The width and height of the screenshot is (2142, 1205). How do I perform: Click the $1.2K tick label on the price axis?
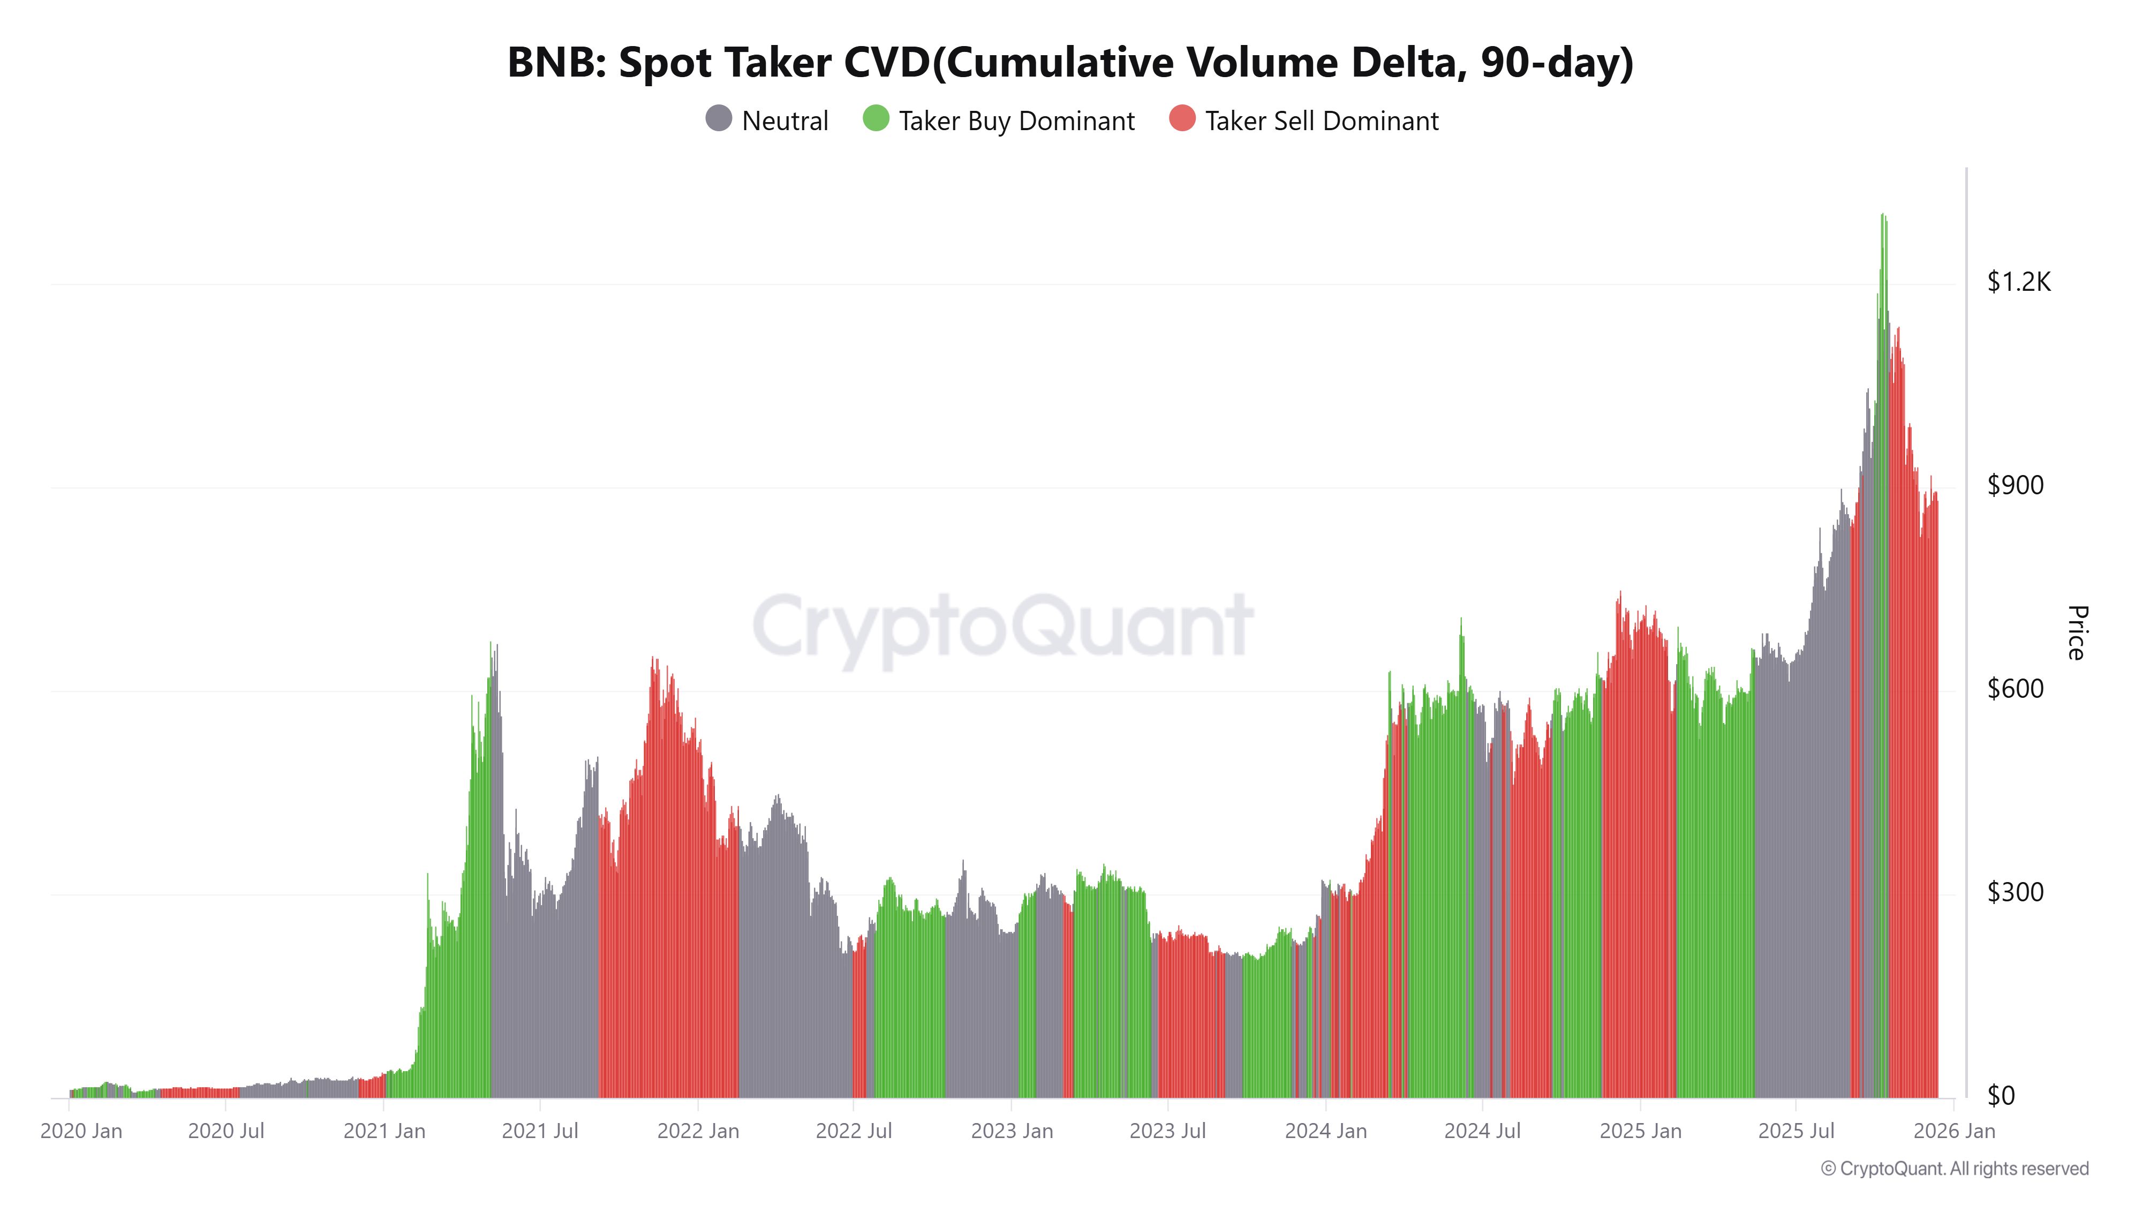pyautogui.click(x=2018, y=283)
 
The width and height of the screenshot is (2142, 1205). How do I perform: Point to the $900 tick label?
pyautogui.click(x=2015, y=486)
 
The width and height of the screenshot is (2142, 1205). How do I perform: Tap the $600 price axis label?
pyautogui.click(x=2015, y=689)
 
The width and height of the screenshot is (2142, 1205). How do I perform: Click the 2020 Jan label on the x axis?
pyautogui.click(x=81, y=1132)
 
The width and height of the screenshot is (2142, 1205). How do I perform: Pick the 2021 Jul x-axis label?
pyautogui.click(x=540, y=1132)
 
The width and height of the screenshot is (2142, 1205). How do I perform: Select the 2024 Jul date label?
pyautogui.click(x=1482, y=1132)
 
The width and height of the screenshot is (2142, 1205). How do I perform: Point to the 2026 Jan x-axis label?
pyautogui.click(x=1954, y=1132)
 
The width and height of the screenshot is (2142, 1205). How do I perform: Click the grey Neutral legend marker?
pyautogui.click(x=719, y=119)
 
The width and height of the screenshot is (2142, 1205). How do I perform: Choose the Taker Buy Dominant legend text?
pyautogui.click(x=1016, y=122)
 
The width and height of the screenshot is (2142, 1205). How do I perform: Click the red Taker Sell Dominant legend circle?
pyautogui.click(x=1182, y=119)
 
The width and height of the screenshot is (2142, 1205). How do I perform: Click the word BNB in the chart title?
pyautogui.click(x=555, y=63)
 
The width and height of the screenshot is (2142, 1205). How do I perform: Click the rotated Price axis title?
pyautogui.click(x=2076, y=634)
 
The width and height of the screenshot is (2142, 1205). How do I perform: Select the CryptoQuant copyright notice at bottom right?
pyautogui.click(x=1954, y=1169)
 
